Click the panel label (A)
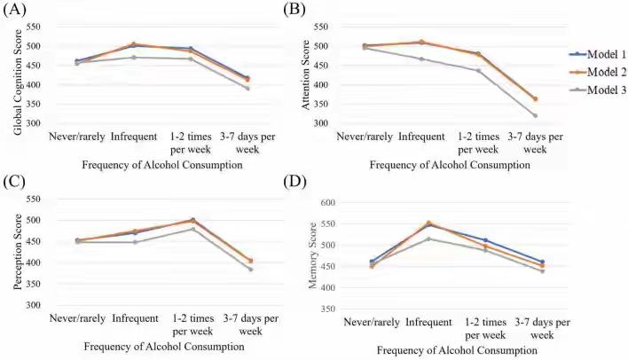16,10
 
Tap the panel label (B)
294,10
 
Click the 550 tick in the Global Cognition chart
32,25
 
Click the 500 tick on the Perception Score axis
32,220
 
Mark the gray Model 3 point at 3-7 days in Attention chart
534,116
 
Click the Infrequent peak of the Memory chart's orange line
453,223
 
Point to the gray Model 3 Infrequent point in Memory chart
453,239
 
